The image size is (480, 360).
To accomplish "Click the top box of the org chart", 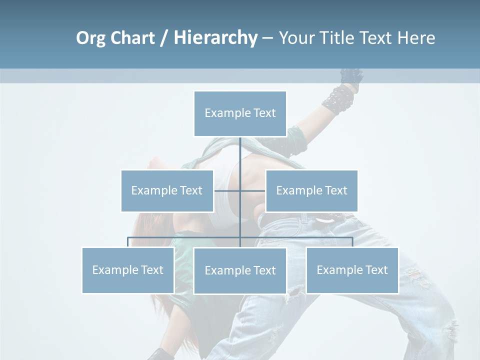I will coord(240,113).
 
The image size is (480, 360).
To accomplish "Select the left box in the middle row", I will coord(167,190).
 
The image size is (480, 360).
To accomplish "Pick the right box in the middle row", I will coord(311,190).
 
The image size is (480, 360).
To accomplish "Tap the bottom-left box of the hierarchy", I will coord(128,270).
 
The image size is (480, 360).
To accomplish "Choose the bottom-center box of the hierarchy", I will coord(240,270).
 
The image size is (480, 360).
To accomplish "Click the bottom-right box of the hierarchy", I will coord(352,270).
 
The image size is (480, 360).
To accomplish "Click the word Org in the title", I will coord(90,38).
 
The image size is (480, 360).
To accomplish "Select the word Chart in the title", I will coord(132,38).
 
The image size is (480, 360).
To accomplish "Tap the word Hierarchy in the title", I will coord(215,38).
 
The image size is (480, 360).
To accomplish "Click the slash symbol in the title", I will coord(164,38).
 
